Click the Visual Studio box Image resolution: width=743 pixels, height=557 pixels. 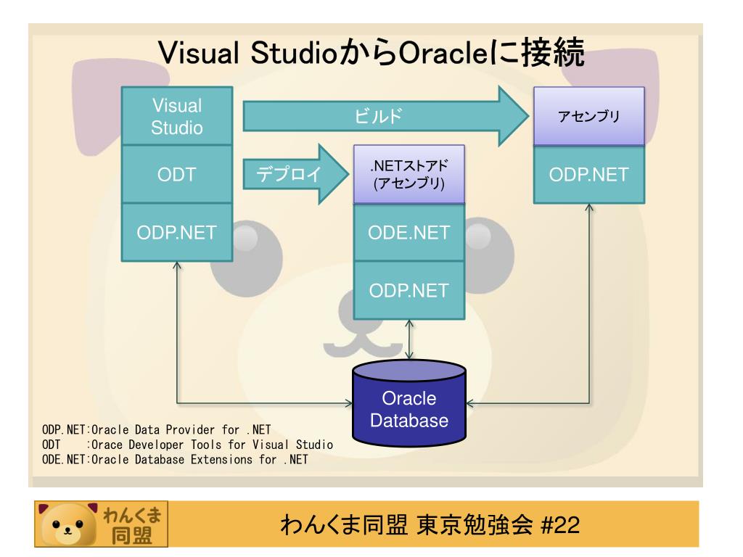pos(176,117)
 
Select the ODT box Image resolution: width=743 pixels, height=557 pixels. pos(176,175)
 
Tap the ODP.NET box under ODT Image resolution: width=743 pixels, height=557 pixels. pos(176,232)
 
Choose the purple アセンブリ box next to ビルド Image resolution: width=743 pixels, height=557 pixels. pos(588,116)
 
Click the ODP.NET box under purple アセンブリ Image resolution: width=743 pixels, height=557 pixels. pos(588,175)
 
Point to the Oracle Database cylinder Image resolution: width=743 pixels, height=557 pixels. pos(409,406)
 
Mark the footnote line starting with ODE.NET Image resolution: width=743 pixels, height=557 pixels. pos(175,458)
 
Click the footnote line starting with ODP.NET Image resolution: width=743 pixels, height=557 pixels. pos(157,429)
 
